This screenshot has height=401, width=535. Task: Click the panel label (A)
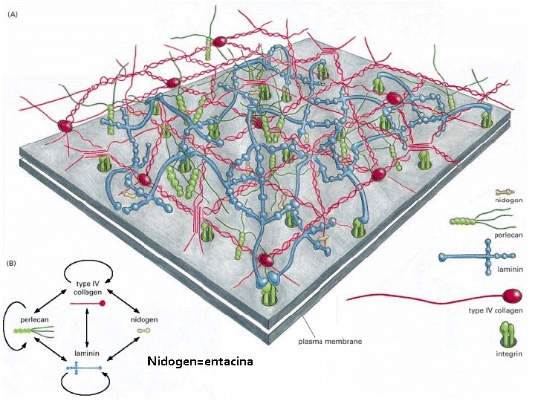point(13,13)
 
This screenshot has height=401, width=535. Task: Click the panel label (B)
point(13,263)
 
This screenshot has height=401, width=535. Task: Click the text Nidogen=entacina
point(200,362)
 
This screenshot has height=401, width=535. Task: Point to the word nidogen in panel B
point(146,318)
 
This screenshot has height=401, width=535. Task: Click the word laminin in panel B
point(87,353)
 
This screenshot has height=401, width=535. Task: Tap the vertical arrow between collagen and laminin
point(88,327)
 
